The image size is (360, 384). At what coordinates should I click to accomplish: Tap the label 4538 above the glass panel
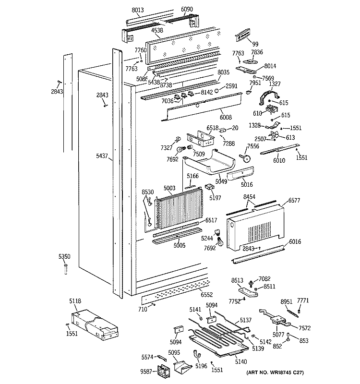(x=157, y=30)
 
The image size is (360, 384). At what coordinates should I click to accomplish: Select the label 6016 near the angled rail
(x=295, y=243)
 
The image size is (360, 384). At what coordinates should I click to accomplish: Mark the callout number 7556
(x=252, y=146)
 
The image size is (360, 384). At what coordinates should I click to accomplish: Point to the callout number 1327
(x=274, y=84)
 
